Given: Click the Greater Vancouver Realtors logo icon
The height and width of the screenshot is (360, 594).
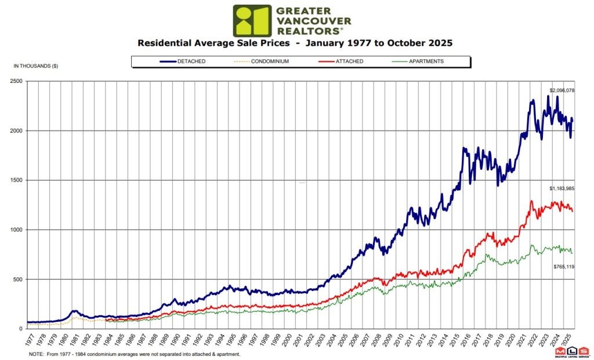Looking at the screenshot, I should pos(252,21).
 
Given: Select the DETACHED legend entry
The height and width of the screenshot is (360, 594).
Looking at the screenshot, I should pos(192,61).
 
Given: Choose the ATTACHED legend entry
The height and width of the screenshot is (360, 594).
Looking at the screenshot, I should pos(350,61).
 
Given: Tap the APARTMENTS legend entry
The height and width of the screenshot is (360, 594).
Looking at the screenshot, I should pos(427,61).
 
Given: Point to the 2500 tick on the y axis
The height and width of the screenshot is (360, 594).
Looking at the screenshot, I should pos(16,81).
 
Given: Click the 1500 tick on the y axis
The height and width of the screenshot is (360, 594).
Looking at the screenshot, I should pos(16,180).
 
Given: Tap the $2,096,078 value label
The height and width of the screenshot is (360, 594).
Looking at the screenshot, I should pos(562,91).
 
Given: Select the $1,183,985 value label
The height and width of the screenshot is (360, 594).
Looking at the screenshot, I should pos(562,189).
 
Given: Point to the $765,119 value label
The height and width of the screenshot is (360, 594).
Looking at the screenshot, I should pos(562,266).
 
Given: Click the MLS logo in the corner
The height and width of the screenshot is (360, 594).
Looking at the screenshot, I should pos(571,352).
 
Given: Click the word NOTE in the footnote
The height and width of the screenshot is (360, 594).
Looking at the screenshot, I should pos(36,354).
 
